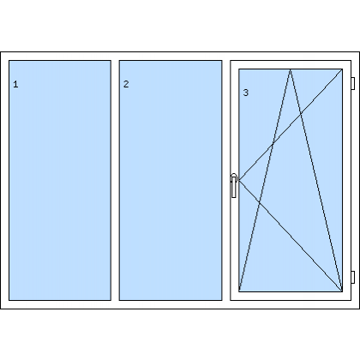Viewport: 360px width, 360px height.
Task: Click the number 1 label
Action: (15, 84)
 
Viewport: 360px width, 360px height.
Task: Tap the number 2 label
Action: (126, 84)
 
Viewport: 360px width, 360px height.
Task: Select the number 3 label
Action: (246, 93)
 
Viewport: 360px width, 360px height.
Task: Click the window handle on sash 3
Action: (234, 185)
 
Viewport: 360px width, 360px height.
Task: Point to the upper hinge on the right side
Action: (353, 83)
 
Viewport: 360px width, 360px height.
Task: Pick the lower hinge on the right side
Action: (353, 277)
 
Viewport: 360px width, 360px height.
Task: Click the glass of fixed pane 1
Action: (60, 180)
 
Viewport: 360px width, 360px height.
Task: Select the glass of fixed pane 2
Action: (171, 180)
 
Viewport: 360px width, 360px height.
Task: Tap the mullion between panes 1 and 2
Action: (115, 180)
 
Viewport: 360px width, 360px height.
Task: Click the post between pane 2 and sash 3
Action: (226, 180)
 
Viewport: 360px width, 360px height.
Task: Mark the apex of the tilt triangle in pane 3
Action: (291, 69)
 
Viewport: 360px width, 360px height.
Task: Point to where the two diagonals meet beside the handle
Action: (239, 180)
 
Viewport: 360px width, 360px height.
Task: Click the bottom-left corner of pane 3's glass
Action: (239, 291)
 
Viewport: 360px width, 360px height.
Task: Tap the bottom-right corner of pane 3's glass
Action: (342, 291)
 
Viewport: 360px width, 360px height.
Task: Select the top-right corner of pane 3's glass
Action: (342, 69)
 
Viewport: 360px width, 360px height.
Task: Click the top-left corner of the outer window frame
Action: (1, 52)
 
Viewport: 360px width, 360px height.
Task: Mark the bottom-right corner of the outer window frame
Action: (359, 309)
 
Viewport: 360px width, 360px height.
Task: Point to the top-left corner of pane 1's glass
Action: (9, 61)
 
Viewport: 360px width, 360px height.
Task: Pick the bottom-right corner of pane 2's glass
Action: (222, 300)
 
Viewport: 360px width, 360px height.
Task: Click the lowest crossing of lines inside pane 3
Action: (260, 202)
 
